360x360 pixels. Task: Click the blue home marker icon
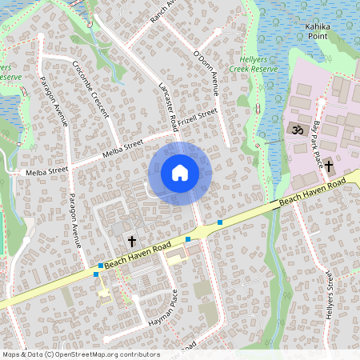[x=180, y=173]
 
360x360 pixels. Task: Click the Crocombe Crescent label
[x=90, y=88]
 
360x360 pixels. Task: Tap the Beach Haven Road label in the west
[x=138, y=253]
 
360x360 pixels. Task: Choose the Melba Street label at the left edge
[x=46, y=171]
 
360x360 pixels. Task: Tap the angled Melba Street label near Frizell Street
[x=122, y=148]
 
